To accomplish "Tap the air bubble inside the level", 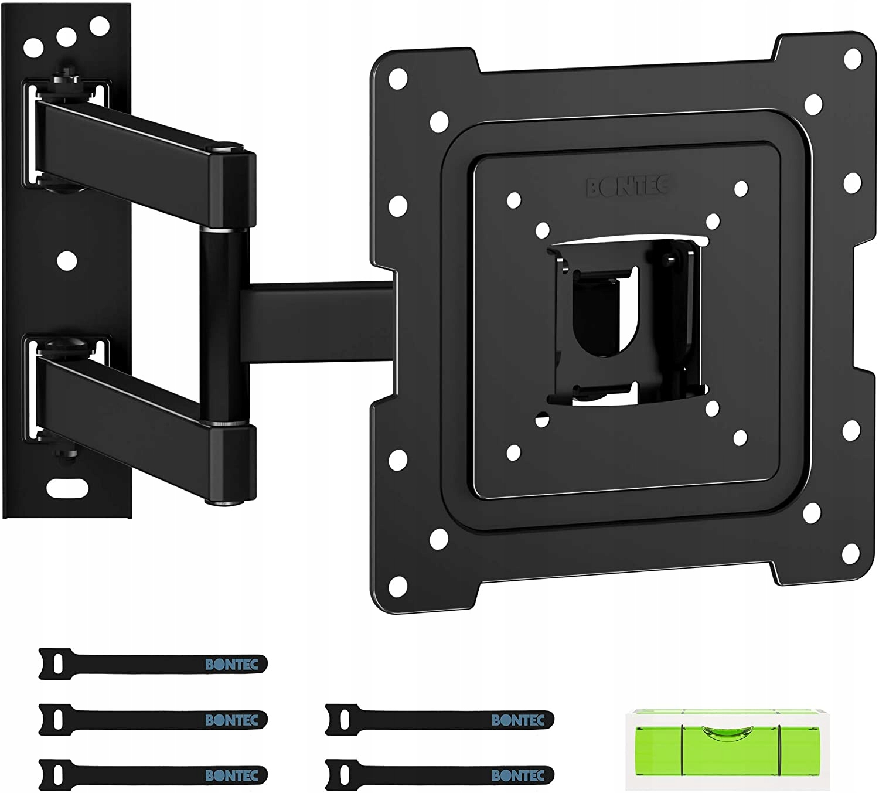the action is click(723, 731).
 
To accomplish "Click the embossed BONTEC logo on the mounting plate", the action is click(628, 187).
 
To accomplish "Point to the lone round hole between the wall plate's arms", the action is click(67, 261).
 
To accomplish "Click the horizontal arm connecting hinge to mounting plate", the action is click(317, 322).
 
